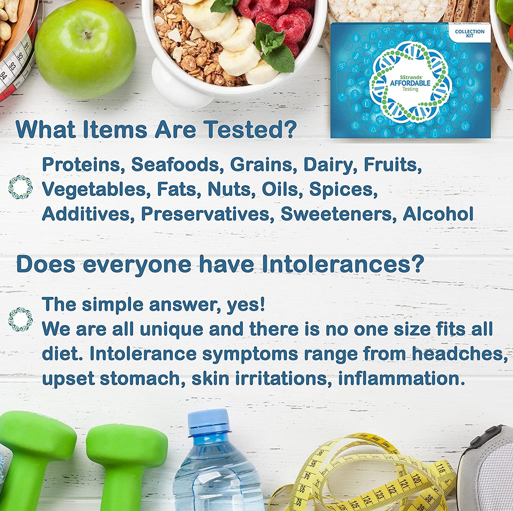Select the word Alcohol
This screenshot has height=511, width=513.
click(438, 214)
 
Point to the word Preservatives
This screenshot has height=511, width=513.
click(207, 214)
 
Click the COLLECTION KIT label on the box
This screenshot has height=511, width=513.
click(469, 33)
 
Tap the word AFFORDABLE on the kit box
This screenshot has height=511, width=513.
click(410, 83)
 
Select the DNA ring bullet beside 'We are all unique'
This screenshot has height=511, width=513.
click(21, 319)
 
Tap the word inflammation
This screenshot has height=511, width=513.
click(401, 379)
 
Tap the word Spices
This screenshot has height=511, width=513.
click(343, 189)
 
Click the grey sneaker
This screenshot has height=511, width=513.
click(488, 472)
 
